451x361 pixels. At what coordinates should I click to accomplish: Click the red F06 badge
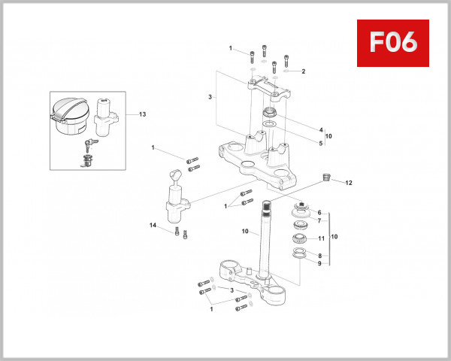393,44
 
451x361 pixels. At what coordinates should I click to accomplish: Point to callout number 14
153,226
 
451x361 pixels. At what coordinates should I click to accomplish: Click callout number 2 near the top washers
303,71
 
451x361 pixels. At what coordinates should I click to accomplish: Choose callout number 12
348,182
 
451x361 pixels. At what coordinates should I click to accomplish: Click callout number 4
320,129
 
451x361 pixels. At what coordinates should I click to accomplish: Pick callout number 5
320,143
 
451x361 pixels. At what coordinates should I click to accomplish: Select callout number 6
319,213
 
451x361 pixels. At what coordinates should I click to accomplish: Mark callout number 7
319,221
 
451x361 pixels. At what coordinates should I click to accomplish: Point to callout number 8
319,256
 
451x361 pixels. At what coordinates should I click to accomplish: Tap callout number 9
319,264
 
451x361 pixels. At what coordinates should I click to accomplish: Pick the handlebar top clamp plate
271,89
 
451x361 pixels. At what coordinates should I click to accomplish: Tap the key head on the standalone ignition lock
174,177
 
